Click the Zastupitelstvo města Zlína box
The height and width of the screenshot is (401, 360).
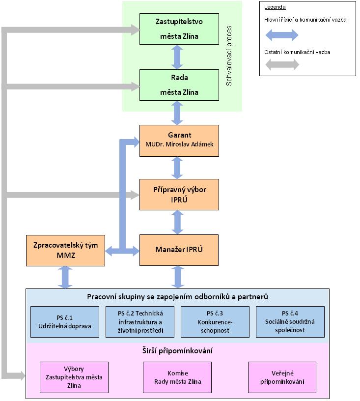coord(179,29)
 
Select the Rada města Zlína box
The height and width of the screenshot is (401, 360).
coord(179,85)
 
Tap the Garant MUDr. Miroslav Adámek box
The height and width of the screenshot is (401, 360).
coord(179,141)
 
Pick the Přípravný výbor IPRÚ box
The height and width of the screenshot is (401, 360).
coord(179,195)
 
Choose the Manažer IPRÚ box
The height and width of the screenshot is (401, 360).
coord(179,250)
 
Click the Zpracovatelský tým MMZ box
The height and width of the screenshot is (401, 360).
coord(65,250)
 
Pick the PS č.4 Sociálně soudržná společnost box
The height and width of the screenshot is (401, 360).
coord(290,322)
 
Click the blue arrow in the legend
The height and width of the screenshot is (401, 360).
coord(281,35)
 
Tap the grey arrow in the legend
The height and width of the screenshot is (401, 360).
coord(281,65)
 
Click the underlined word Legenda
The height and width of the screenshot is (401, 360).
coord(275,7)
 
